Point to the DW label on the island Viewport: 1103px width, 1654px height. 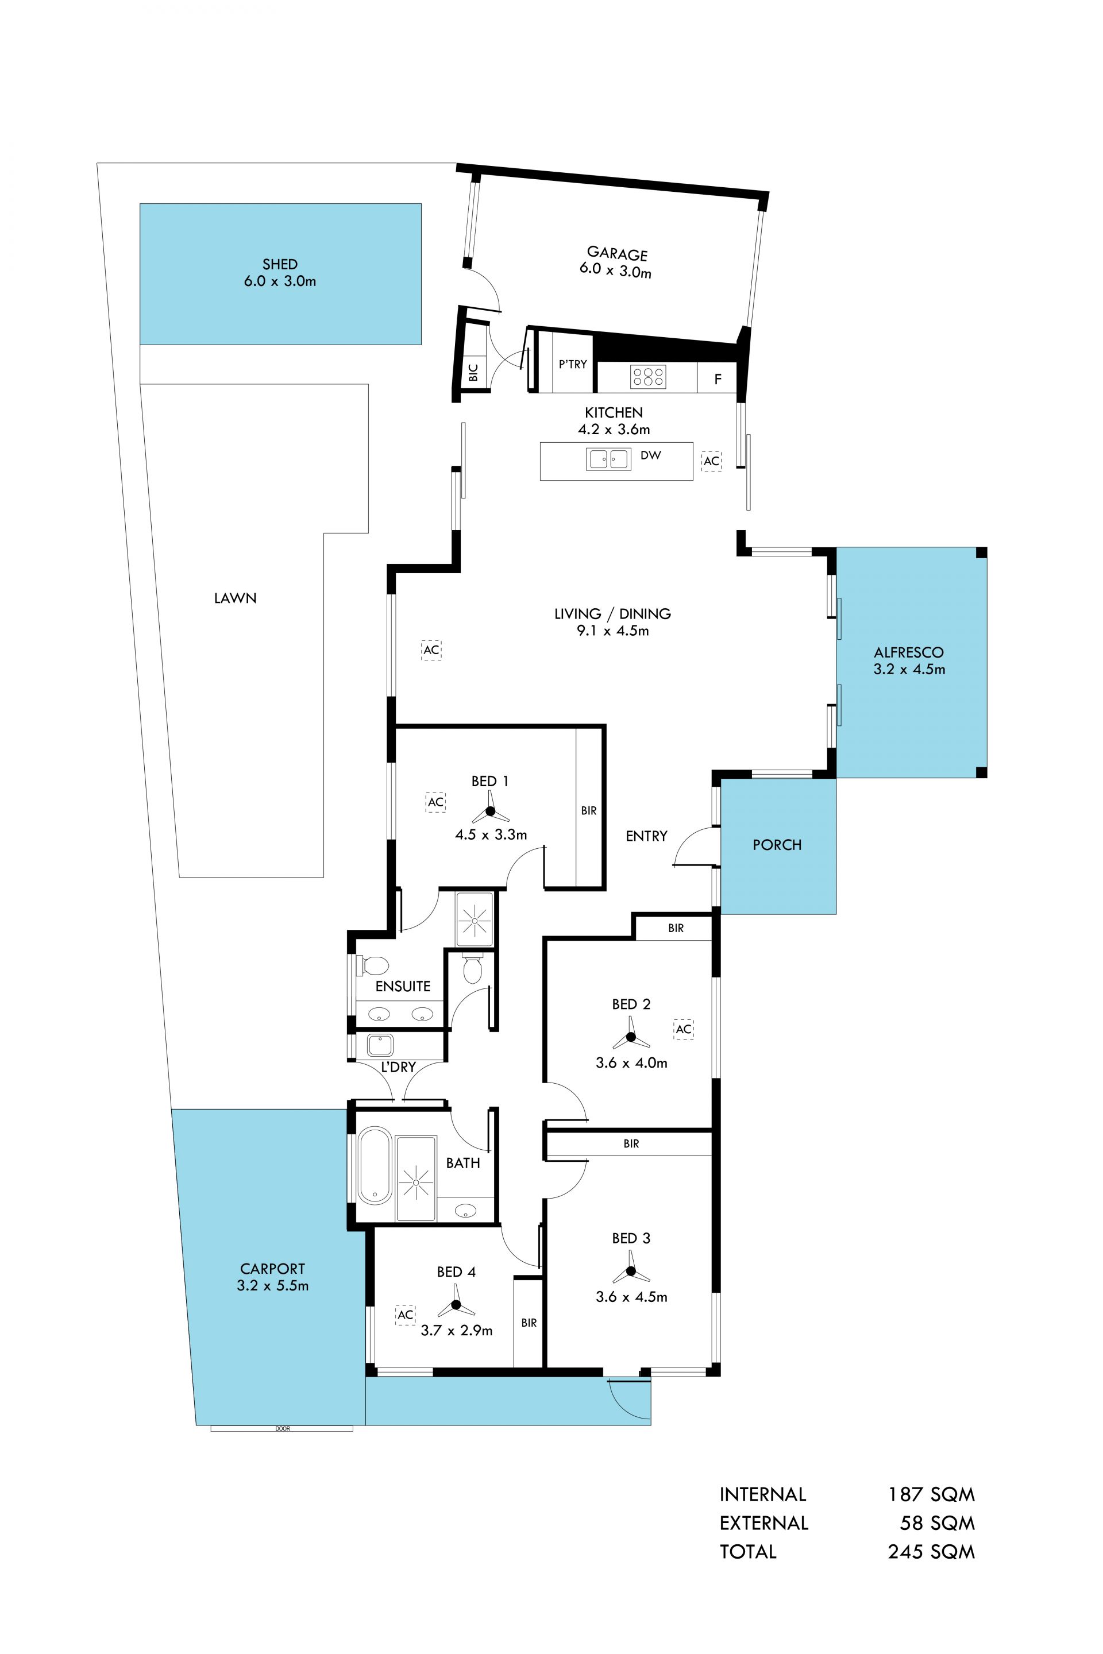651,455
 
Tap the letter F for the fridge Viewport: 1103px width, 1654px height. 718,379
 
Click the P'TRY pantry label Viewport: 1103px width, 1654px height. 573,364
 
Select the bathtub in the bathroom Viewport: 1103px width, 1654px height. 375,1166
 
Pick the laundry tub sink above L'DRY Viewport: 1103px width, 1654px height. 380,1045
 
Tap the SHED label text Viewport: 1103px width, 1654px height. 280,264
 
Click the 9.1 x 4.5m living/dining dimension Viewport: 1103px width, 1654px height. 613,631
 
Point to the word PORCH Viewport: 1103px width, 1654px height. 777,845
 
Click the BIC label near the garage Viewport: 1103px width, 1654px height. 473,372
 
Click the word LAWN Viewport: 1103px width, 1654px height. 235,598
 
